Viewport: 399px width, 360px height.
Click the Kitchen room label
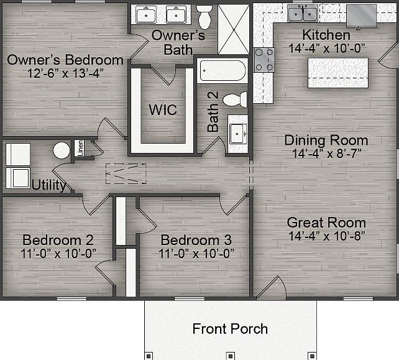click(x=326, y=35)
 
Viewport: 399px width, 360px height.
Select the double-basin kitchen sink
click(x=303, y=12)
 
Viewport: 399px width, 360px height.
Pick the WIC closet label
click(x=162, y=110)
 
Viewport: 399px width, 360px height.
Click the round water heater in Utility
click(x=62, y=150)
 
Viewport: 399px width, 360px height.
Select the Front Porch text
click(x=230, y=328)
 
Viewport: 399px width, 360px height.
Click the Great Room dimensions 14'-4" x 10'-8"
click(x=326, y=236)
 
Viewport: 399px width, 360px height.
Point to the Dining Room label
click(x=326, y=140)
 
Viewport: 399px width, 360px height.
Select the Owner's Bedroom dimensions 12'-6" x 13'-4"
click(x=55, y=73)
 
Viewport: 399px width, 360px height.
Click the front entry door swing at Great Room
click(x=272, y=287)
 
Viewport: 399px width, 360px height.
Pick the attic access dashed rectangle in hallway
click(x=125, y=173)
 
